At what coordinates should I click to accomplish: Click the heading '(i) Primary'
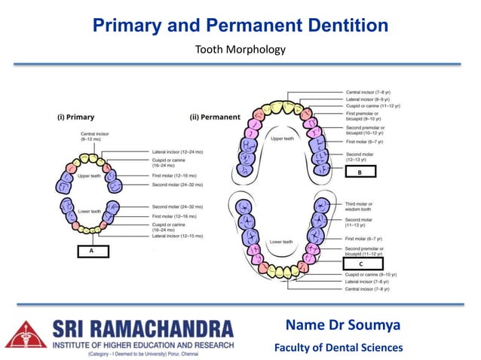[76, 117]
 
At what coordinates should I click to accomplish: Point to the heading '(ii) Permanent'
[215, 117]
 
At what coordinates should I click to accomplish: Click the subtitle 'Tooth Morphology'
[240, 50]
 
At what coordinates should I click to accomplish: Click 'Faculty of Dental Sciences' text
[338, 347]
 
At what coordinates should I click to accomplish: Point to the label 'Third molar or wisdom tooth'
[363, 206]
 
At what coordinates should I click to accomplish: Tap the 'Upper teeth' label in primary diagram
[90, 175]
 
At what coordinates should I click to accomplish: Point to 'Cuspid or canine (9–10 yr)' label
[372, 276]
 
